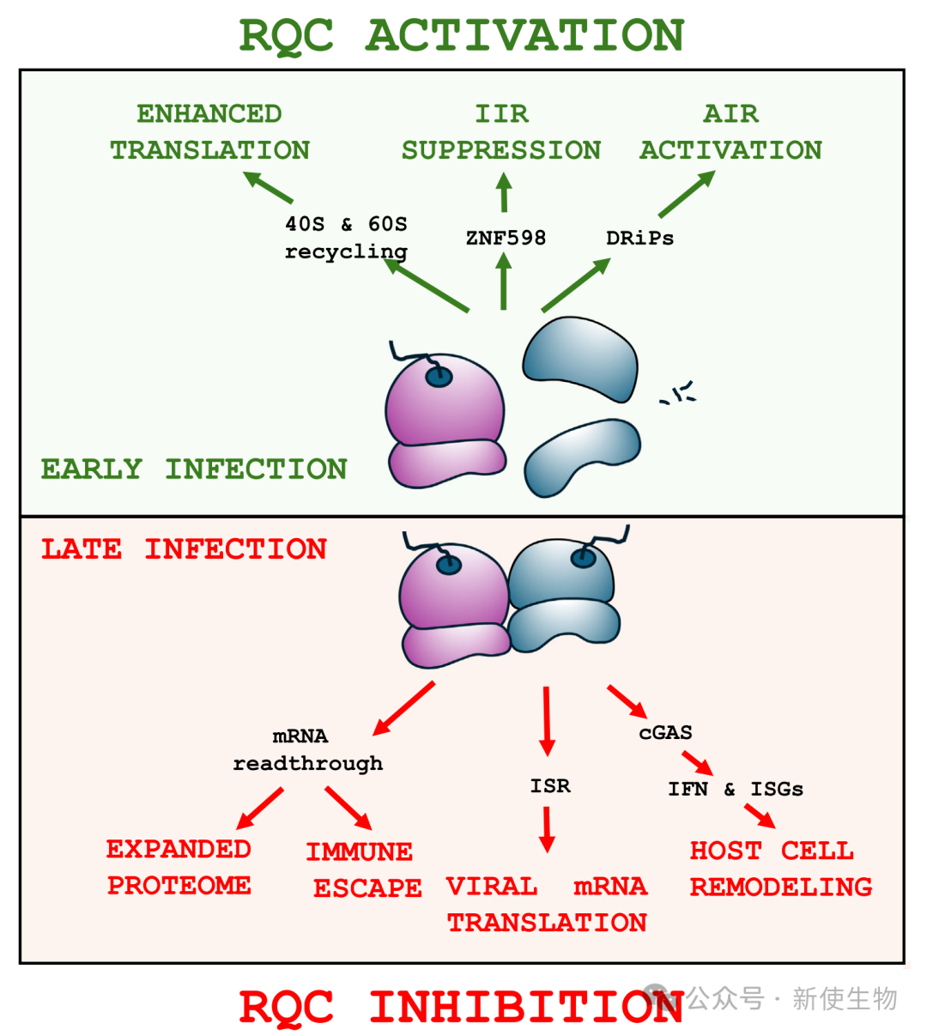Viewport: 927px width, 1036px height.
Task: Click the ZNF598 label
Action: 506,238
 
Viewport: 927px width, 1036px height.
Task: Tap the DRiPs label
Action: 639,239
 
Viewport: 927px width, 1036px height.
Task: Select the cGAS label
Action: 665,732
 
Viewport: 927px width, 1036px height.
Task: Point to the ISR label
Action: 550,785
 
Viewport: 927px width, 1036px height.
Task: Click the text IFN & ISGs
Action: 736,789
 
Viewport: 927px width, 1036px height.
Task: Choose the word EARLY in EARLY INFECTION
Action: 91,469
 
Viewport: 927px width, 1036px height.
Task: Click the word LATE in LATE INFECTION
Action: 82,549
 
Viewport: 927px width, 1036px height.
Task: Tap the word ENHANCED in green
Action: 209,113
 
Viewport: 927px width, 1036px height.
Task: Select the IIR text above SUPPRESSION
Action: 502,113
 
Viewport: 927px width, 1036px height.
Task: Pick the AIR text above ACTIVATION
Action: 730,113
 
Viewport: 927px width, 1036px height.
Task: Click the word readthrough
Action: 307,763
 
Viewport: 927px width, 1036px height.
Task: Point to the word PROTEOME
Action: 179,885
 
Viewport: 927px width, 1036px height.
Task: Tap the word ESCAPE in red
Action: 367,888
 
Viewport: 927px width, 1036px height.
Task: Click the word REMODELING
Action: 781,887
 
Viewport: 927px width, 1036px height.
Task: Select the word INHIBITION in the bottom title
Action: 526,1007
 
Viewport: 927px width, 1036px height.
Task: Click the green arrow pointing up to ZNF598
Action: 504,282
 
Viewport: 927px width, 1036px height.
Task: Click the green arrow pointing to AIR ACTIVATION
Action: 687,194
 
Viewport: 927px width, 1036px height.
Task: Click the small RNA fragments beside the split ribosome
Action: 679,394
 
